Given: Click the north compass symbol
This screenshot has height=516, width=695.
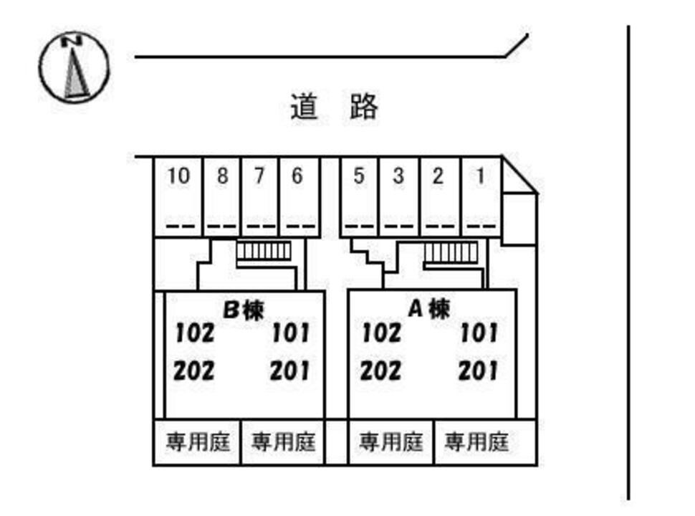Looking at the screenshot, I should coord(74,66).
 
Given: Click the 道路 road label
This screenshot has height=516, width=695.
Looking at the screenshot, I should coord(334,107).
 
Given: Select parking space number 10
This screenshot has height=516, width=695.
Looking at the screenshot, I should coord(178,196).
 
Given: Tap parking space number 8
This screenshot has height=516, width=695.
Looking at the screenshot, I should coord(222,196).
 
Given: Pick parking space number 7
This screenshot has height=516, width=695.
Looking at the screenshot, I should coord(259,196).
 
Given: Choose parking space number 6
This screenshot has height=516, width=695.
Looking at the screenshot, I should coord(297,196).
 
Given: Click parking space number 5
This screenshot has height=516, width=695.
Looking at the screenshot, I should coord(359,196).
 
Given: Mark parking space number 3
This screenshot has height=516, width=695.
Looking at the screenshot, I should coord(399,196).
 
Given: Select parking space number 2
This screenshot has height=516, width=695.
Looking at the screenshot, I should coord(438,196).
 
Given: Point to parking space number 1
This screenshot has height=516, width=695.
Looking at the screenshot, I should coord(480,196).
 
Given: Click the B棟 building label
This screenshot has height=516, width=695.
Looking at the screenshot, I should coord(244,310).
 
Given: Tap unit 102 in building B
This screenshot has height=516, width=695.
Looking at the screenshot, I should coord(195,333).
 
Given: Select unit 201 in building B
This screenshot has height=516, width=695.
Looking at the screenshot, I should coord(290,371).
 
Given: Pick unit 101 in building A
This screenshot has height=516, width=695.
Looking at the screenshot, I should coord(478,333).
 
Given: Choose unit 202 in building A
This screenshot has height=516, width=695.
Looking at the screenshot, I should coord(380,371).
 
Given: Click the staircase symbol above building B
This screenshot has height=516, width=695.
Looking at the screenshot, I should coord(264,252).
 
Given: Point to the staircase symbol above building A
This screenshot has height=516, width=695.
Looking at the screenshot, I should coord(451,252).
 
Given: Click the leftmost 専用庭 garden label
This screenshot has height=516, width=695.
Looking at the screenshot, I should coord(198,441).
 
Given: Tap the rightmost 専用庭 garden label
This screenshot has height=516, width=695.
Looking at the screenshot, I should coord(476,441).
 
